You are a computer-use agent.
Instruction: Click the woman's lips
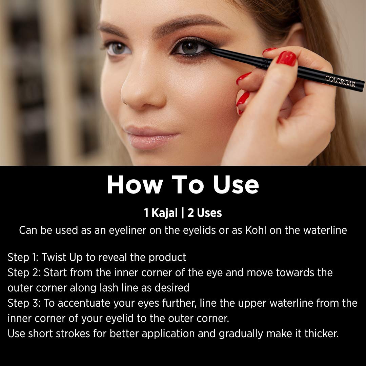152,135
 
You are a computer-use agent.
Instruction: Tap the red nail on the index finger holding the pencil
286,58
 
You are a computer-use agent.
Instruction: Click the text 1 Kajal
161,213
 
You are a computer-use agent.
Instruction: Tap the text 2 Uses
205,213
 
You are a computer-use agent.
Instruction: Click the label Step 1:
23,257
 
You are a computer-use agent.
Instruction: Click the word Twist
54,257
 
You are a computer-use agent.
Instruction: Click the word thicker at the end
321,333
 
